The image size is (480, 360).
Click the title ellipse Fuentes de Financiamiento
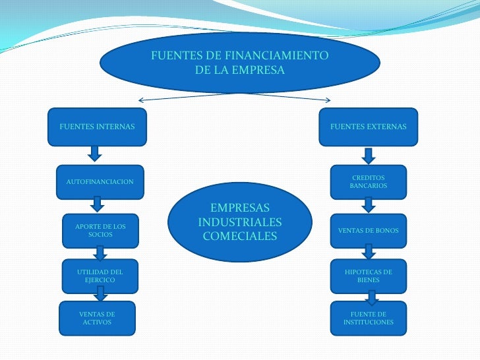(240, 63)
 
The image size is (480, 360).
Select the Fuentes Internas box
(97, 127)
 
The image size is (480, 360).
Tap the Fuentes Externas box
(369, 127)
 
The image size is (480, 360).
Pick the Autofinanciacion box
(100, 181)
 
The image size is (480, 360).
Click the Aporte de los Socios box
(100, 230)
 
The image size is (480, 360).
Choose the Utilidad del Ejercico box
(100, 276)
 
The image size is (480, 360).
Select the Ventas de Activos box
(97, 318)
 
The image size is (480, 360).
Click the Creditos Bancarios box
(369, 182)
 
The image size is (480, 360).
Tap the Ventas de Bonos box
(369, 230)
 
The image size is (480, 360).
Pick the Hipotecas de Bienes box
(369, 276)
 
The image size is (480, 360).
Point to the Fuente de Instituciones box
(369, 318)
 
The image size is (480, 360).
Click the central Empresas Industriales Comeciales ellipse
(240, 222)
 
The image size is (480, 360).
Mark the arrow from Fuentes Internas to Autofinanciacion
(95, 154)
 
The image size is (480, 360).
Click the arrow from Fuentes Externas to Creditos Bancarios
(369, 155)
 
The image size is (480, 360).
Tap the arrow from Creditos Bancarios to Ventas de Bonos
(369, 205)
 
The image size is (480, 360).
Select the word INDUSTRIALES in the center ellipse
(240, 222)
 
